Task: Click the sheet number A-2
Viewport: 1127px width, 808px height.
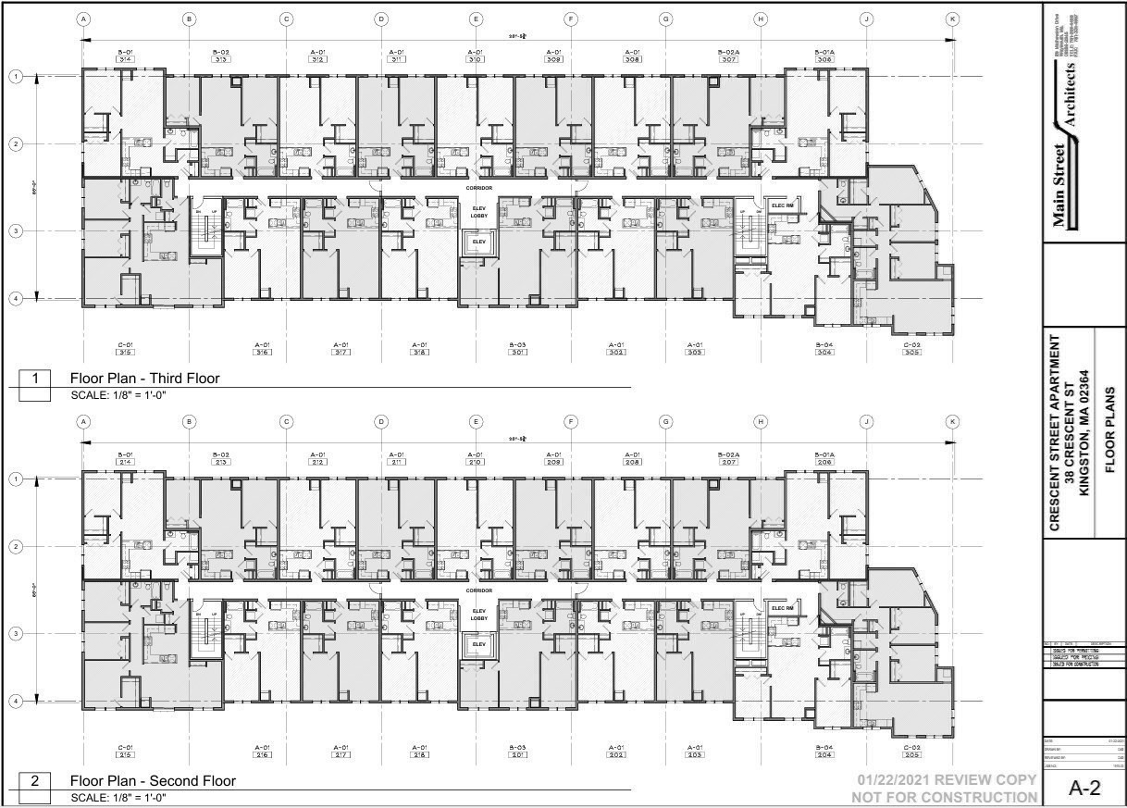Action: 1084,788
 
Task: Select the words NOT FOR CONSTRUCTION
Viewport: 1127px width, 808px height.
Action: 944,798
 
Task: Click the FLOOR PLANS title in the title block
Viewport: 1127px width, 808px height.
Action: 1109,430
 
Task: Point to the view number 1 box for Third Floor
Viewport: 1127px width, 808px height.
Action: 35,379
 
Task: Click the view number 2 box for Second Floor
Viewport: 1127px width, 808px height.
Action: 35,781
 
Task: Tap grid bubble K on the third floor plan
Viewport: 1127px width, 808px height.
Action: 951,19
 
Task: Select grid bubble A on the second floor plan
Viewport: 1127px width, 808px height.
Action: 83,422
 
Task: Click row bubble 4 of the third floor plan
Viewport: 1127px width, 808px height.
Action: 16,299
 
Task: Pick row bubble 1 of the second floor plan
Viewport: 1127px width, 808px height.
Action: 16,479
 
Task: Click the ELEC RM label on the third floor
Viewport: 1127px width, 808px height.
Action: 784,205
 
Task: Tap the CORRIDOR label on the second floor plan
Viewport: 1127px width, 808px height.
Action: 479,590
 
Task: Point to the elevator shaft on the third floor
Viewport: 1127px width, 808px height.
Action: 478,242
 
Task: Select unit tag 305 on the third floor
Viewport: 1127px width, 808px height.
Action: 911,352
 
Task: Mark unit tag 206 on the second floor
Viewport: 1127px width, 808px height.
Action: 824,462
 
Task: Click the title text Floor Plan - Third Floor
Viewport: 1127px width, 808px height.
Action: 145,379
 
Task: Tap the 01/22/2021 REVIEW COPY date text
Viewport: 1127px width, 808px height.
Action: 944,782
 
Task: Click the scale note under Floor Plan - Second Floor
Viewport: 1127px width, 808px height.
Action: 118,797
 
